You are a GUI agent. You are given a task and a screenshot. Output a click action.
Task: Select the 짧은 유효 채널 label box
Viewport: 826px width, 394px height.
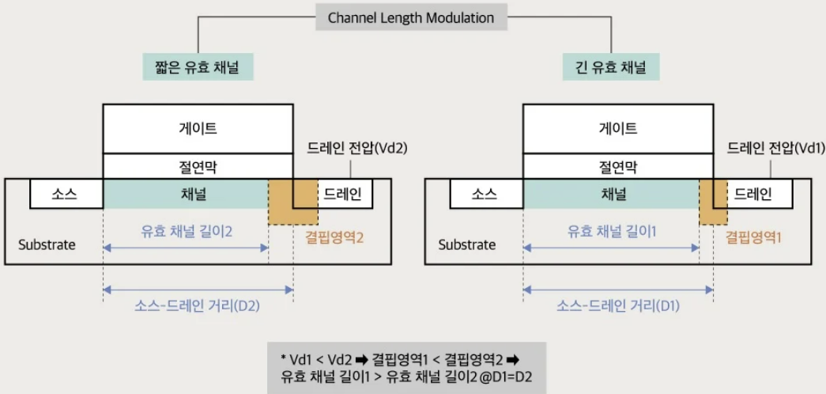coord(198,66)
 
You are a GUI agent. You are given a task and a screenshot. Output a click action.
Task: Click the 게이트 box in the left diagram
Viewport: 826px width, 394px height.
coord(198,127)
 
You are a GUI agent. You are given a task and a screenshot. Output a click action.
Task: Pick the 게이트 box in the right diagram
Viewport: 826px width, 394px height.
coord(618,127)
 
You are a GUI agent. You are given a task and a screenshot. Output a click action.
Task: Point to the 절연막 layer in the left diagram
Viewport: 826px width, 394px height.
coord(198,166)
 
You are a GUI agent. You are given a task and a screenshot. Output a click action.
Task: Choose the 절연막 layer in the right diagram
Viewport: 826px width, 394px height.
coord(618,166)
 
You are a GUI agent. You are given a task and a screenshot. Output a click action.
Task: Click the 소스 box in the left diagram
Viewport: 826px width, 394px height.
coord(66,194)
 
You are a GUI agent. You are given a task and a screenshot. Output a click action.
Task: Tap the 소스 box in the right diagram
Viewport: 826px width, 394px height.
coord(486,194)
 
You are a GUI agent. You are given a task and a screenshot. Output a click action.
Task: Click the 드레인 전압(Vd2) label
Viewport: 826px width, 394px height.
coord(356,147)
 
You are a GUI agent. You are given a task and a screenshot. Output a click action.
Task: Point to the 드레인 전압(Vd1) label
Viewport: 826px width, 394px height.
coord(775,147)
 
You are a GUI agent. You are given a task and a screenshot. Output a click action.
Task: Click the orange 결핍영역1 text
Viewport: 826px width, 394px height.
coord(752,236)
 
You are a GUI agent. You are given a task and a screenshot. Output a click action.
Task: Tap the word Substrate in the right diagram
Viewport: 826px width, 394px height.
coord(467,244)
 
